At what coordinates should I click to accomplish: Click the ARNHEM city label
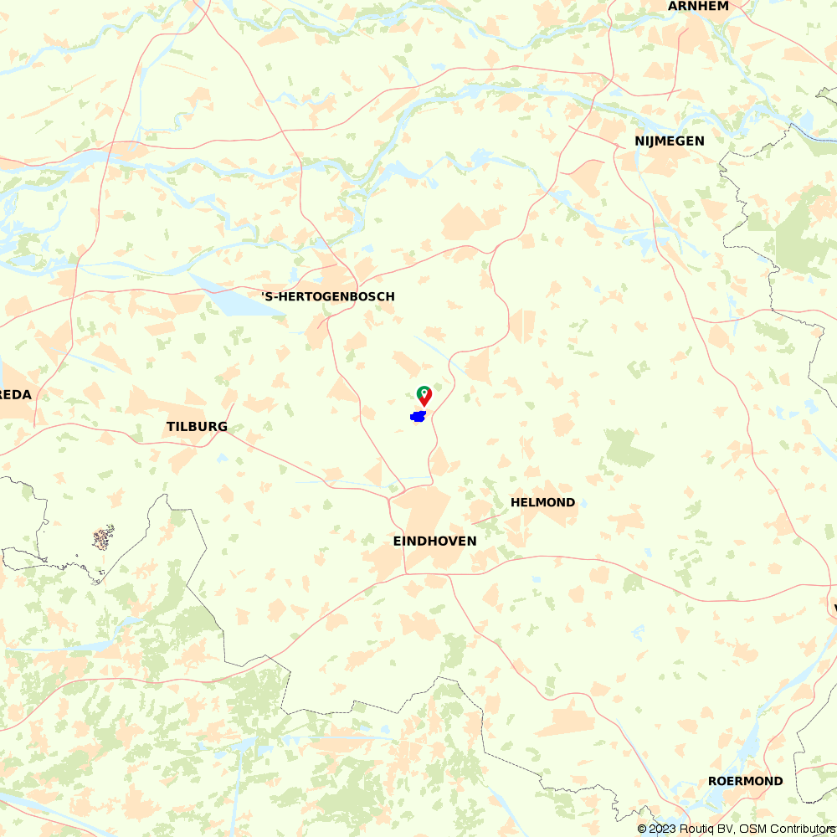[x=698, y=6]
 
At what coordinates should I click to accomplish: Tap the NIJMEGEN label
[x=669, y=141]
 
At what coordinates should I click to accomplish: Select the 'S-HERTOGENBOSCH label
[x=328, y=296]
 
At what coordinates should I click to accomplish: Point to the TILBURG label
[x=197, y=427]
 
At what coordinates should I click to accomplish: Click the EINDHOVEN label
[x=434, y=542]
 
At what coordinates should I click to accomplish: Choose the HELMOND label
[x=542, y=502]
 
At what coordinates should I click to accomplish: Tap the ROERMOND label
[x=745, y=781]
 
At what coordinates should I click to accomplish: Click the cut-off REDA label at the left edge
[x=15, y=395]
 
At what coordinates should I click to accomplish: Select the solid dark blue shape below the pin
[x=418, y=416]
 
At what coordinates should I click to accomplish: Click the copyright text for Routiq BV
[x=691, y=829]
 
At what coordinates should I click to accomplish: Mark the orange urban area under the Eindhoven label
[x=423, y=511]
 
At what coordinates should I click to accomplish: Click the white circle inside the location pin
[x=424, y=392]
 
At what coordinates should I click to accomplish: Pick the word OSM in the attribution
[x=752, y=829]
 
